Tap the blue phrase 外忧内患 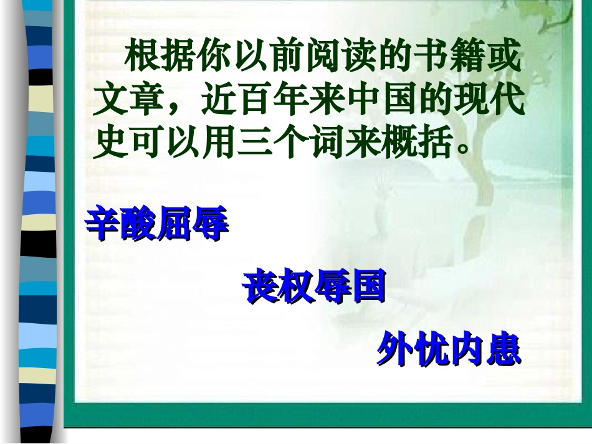point(449,351)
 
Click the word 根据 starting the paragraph point(161,58)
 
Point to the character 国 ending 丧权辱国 point(368,288)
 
